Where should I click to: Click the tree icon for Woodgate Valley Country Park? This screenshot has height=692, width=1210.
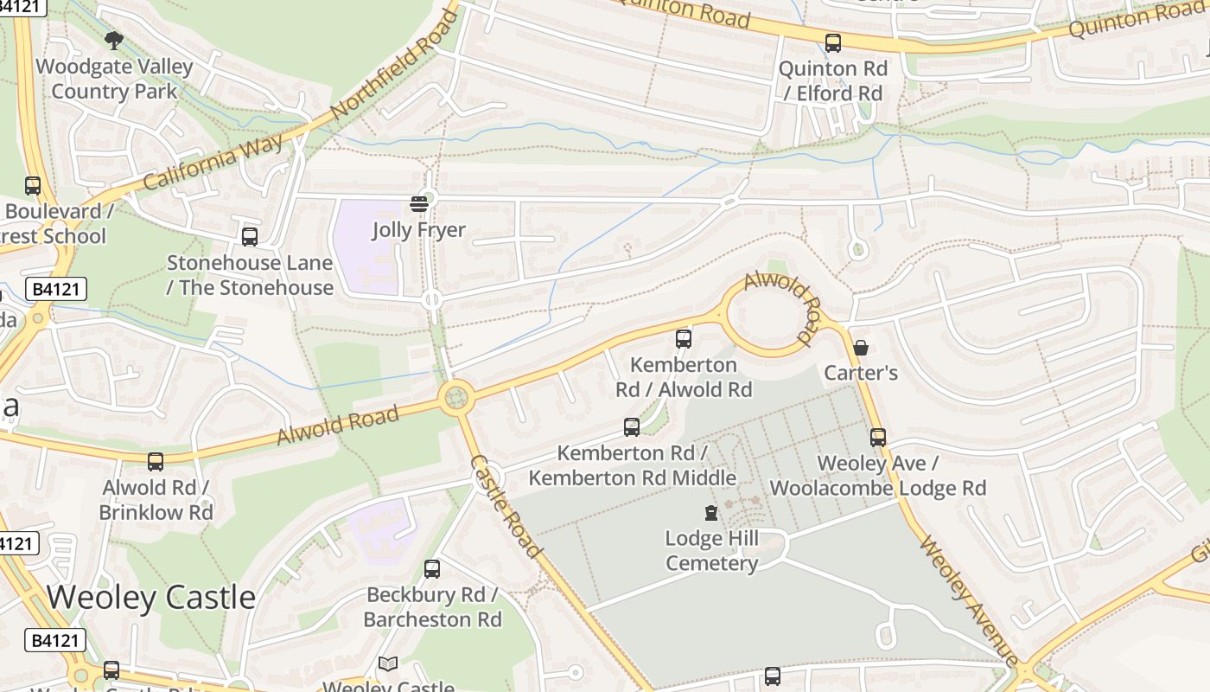[113, 40]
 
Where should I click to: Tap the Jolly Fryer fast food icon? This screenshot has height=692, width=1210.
[419, 204]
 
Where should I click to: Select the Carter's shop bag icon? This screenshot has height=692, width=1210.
[861, 348]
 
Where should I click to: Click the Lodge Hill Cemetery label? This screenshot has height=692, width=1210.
[711, 551]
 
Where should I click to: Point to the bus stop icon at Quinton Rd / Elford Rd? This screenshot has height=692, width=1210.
[833, 43]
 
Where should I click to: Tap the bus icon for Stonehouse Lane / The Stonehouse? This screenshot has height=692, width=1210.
[250, 236]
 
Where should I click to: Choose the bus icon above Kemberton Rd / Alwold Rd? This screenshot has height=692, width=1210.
[684, 339]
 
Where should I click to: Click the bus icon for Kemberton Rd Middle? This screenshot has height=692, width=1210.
[632, 426]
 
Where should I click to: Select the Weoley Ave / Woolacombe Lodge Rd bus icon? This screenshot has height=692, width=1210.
[878, 438]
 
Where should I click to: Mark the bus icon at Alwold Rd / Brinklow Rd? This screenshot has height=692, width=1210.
[156, 462]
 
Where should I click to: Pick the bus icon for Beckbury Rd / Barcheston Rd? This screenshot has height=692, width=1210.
[432, 569]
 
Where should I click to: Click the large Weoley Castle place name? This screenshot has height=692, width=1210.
[151, 598]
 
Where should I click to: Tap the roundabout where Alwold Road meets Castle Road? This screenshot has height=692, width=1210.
[455, 398]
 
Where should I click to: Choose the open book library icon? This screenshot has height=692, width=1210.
[388, 664]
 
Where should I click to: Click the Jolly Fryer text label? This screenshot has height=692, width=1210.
[419, 230]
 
